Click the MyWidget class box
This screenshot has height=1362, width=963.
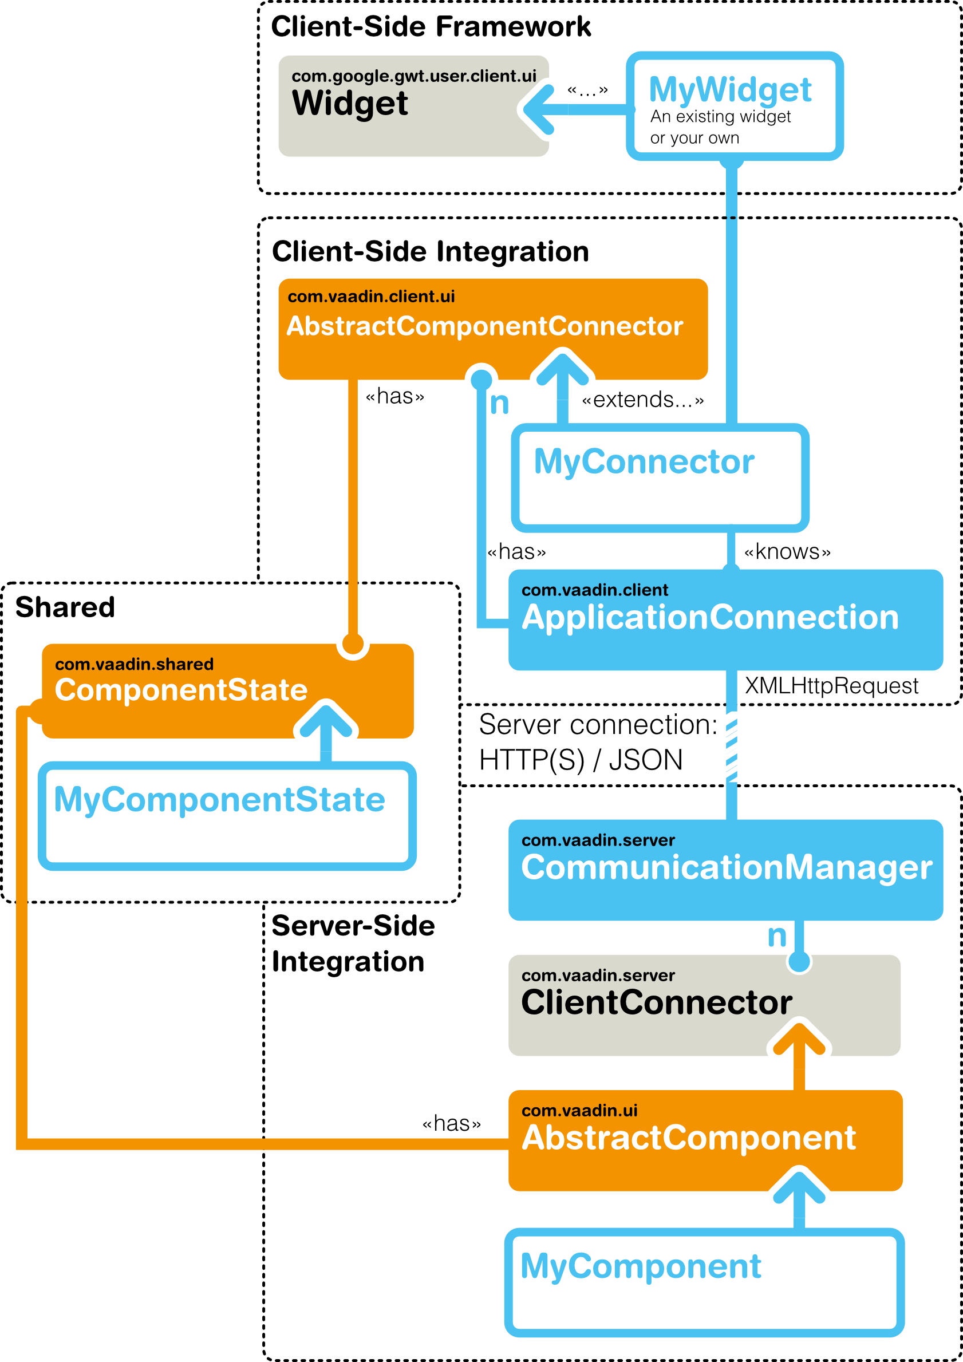click(735, 106)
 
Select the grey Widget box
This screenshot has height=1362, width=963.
click(413, 106)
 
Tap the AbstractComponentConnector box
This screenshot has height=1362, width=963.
click(493, 329)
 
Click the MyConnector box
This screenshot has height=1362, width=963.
click(660, 477)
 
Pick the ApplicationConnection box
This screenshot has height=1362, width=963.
click(725, 620)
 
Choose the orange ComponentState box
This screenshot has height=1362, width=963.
click(228, 691)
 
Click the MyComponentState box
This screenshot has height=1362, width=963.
click(227, 816)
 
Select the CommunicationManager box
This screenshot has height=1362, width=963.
click(725, 870)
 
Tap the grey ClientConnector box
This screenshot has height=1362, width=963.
click(704, 1005)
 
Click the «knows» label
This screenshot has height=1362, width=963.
click(787, 552)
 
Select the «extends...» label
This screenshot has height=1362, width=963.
click(642, 400)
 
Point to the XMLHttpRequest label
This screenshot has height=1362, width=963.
click(831, 686)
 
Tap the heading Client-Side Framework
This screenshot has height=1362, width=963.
click(431, 27)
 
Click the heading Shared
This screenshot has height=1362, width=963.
click(65, 607)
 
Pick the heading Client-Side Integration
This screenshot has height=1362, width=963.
click(430, 251)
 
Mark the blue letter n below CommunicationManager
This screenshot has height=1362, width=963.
click(777, 937)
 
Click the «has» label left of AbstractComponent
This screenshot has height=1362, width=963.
click(452, 1123)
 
